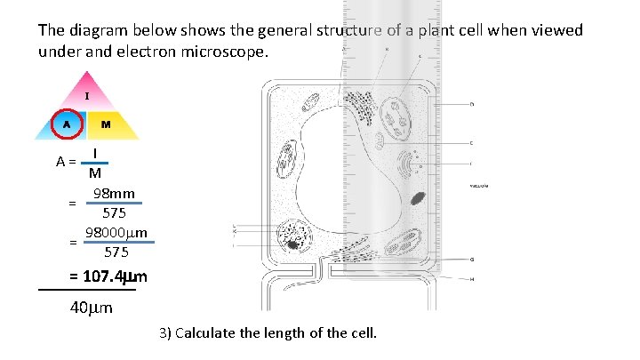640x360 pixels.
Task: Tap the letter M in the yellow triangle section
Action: (x=105, y=124)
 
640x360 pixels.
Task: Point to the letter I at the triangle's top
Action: (x=86, y=95)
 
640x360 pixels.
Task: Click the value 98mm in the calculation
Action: (x=115, y=194)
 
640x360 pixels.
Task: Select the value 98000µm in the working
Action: (x=116, y=234)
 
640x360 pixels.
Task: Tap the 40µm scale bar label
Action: (x=91, y=308)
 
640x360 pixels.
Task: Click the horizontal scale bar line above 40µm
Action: (x=87, y=290)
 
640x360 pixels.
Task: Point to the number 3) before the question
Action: (x=165, y=334)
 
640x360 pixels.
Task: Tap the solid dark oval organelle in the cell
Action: (x=417, y=197)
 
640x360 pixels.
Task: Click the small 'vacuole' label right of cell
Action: (x=481, y=187)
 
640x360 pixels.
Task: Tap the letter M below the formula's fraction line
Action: (x=94, y=173)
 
